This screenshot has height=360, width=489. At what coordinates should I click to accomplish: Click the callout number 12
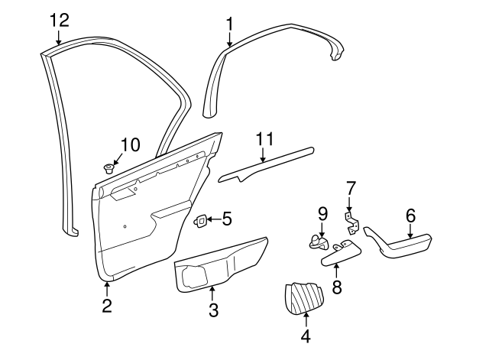60,21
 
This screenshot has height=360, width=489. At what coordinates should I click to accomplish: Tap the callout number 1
229,24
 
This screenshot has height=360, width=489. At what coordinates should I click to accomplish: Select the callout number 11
264,139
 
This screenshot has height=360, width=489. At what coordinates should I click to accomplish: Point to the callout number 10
131,145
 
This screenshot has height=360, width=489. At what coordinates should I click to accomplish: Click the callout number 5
228,219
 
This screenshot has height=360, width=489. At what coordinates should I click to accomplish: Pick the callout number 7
350,189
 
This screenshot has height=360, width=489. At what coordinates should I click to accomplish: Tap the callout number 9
323,214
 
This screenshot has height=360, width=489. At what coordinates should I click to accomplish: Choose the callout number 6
411,216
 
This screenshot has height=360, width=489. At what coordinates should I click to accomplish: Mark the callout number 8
337,287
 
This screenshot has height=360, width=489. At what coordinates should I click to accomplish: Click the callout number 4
306,336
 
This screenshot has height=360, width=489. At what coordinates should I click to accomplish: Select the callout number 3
213,310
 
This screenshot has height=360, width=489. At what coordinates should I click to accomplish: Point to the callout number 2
107,306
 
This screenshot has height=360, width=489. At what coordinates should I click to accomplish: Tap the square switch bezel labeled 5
200,221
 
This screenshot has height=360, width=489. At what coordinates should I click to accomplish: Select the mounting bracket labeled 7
352,222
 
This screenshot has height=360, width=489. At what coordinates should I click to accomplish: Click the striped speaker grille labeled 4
304,297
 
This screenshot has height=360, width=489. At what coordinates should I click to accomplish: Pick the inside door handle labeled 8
342,253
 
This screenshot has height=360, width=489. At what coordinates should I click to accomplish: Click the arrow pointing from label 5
214,219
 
